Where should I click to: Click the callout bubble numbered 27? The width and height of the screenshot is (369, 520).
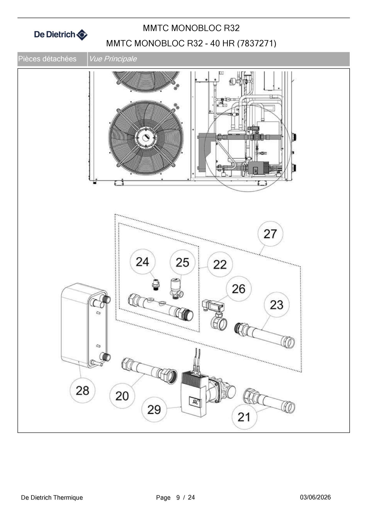tap(270, 234)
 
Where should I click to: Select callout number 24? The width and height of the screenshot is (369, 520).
tap(142, 262)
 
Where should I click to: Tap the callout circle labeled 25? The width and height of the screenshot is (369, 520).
tap(182, 262)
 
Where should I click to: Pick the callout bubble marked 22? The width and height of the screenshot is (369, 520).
tap(220, 264)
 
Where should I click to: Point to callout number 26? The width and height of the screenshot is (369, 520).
tap(238, 289)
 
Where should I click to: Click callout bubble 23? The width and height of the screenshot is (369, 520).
tap(276, 305)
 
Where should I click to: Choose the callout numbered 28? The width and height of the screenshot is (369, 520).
tap(82, 390)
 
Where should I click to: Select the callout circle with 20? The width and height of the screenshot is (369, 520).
tap(122, 396)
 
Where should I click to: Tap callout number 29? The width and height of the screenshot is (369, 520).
tap(154, 410)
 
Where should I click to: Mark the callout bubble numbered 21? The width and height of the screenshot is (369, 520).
tap(244, 417)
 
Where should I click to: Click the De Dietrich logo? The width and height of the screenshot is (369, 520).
tap(61, 35)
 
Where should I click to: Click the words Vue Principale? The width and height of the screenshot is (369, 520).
tap(113, 59)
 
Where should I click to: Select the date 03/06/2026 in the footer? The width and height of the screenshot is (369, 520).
tap(315, 497)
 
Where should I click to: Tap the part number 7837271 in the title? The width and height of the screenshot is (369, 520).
tap(256, 43)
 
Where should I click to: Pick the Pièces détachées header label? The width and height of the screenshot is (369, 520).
tap(47, 59)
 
